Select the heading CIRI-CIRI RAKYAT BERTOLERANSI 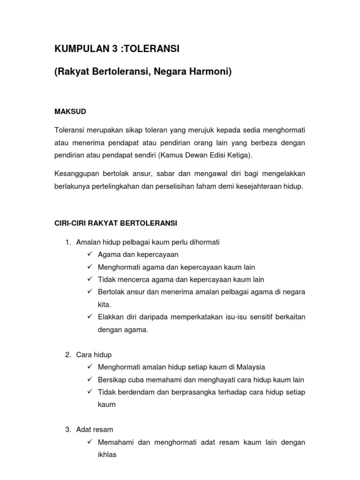(116, 224)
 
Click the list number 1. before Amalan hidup (68, 242)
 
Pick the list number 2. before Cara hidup (68, 355)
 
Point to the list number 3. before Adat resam (68, 429)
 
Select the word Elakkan (111, 317)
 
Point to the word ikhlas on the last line (107, 455)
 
